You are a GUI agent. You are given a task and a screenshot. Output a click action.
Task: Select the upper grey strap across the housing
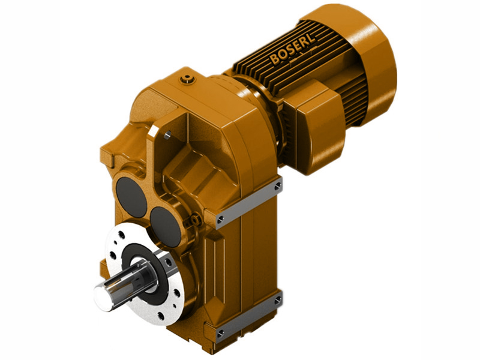[249, 202]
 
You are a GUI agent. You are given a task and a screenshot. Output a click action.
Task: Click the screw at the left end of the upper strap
[221, 218]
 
